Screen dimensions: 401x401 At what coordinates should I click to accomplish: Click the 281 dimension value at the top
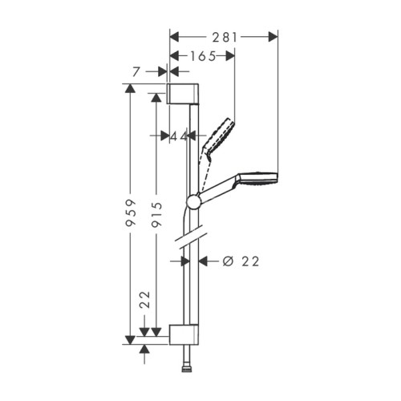224,35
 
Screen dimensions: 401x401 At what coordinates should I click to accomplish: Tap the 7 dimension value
140,72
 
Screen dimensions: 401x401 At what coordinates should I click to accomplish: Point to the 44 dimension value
179,137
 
